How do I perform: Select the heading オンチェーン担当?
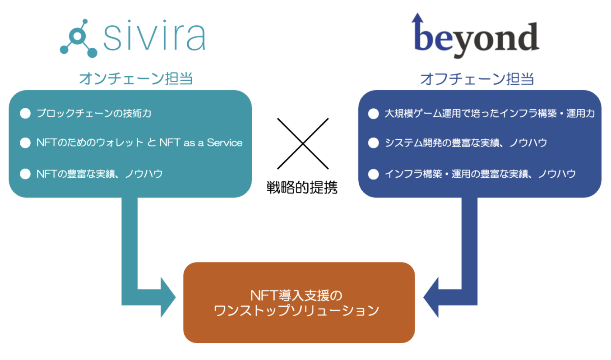click(136, 79)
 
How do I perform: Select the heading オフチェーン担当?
click(477, 79)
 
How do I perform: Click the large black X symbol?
click(303, 143)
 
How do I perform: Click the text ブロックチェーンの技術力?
click(94, 113)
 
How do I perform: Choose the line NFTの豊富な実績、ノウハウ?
click(99, 174)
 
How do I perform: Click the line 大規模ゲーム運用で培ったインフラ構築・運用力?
click(490, 113)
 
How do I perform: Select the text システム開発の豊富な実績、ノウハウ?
click(466, 143)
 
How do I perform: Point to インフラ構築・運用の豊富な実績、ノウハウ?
click(480, 174)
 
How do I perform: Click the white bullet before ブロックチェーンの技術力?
click(25, 113)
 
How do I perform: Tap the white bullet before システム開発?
click(373, 143)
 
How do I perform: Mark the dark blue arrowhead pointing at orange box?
click(432, 298)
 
